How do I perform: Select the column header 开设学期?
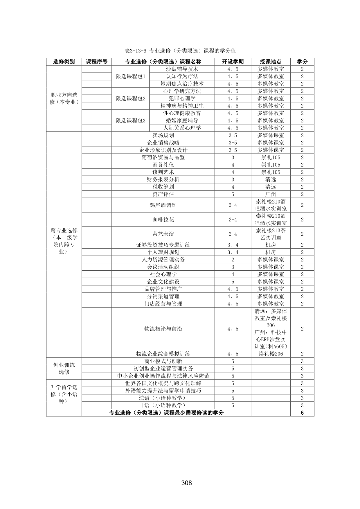[233, 62]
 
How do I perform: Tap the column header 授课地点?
[270, 62]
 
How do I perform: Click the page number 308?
[186, 483]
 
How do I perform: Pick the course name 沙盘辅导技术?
[182, 69]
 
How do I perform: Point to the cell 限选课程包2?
[130, 98]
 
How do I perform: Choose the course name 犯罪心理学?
[182, 98]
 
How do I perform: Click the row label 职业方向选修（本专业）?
[64, 98]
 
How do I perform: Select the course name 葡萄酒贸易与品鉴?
[163, 157]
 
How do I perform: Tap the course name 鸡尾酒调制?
[163, 205]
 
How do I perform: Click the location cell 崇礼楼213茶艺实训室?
[270, 234]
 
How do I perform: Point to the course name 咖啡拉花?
[163, 220]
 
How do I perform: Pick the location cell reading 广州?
[270, 194]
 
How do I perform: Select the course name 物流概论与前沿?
[163, 329]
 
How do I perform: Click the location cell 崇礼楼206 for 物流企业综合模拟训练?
[270, 354]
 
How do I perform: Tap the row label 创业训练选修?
[64, 368]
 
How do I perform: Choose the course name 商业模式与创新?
[163, 361]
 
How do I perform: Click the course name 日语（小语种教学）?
[163, 405]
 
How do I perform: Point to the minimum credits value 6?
[302, 413]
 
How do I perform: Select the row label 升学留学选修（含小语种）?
[64, 394]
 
